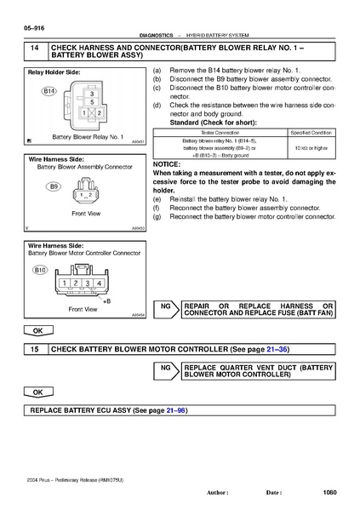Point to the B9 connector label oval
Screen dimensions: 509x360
54,186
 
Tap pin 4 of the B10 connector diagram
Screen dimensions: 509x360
99,283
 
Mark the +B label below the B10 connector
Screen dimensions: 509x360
106,301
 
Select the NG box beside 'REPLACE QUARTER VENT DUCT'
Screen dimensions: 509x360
167,369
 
